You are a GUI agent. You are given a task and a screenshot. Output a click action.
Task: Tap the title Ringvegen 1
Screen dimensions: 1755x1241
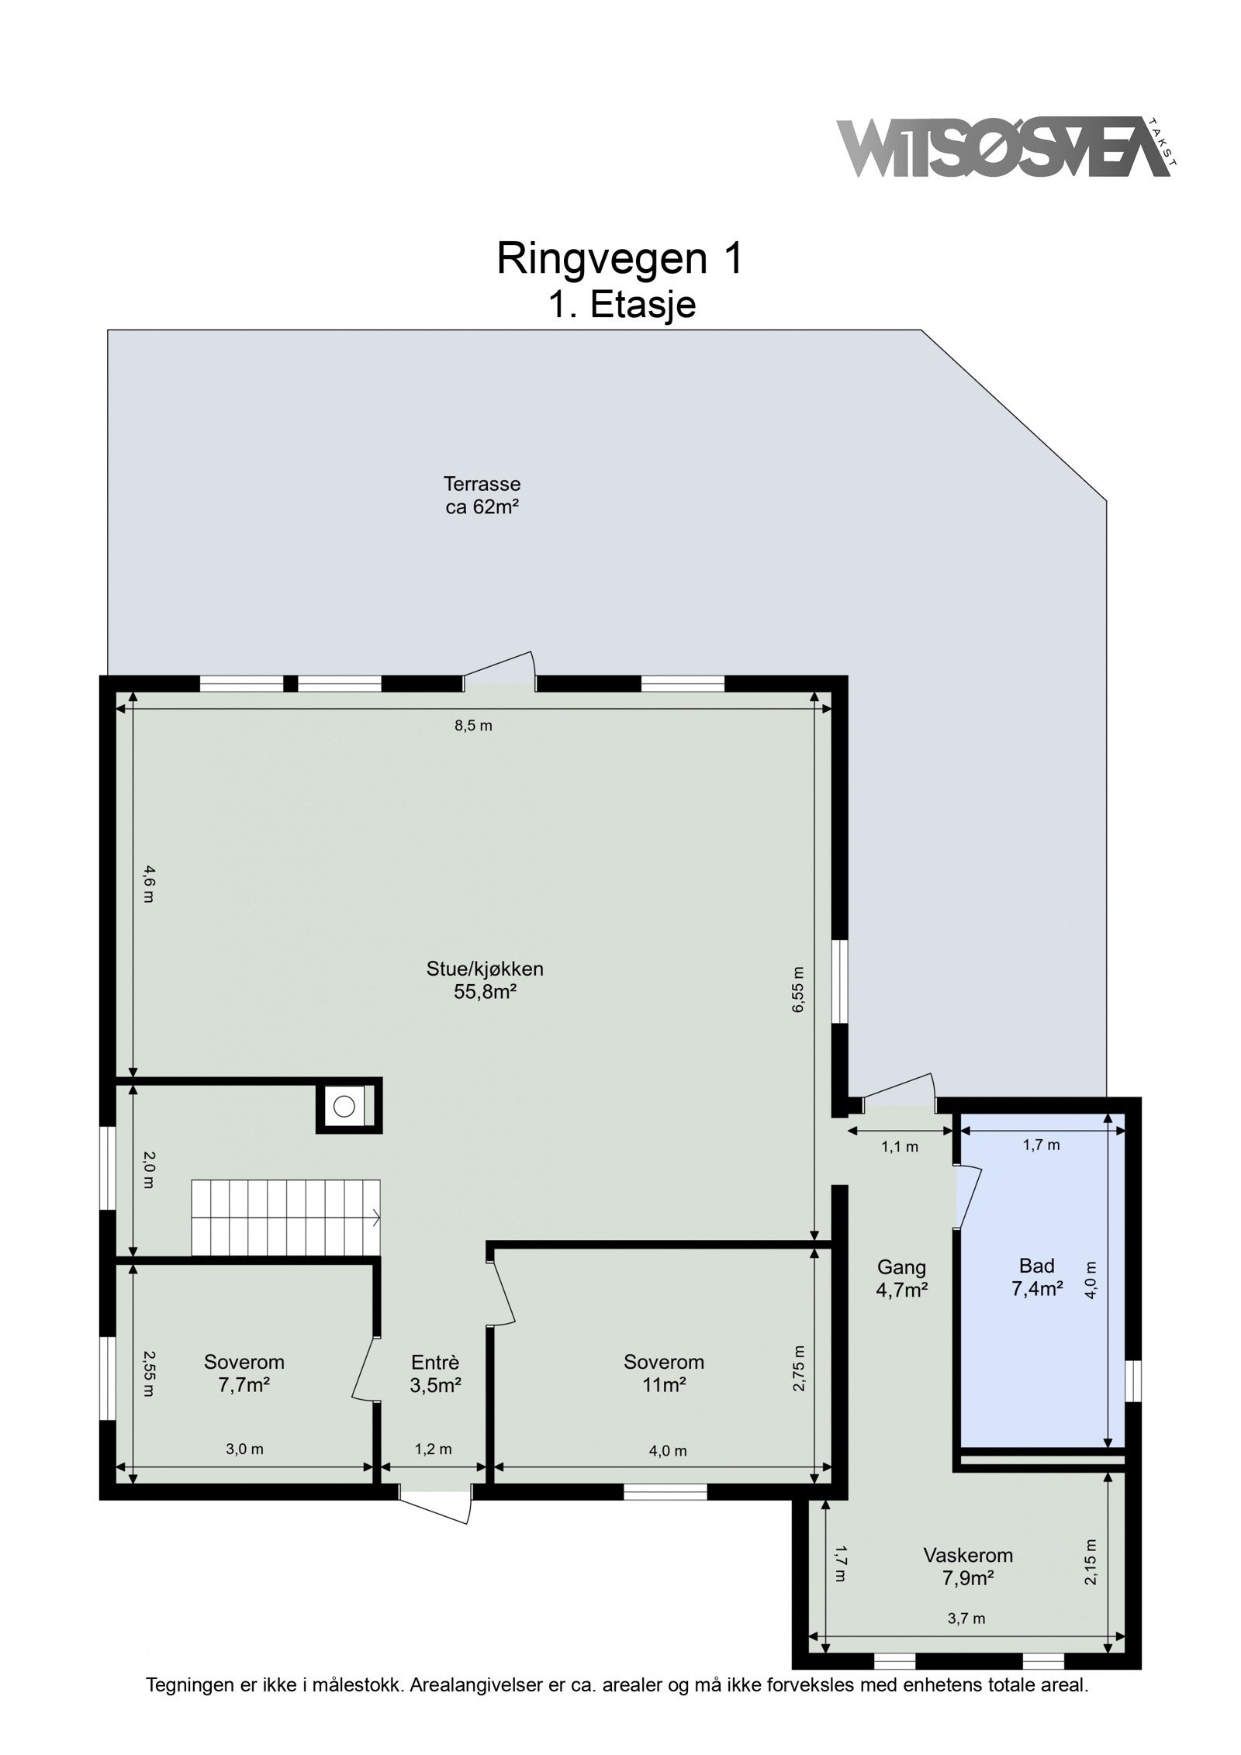[619, 258]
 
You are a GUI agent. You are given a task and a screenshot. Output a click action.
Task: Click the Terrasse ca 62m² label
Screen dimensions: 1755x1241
[481, 496]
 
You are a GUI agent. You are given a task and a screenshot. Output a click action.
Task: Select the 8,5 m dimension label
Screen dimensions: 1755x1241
[473, 726]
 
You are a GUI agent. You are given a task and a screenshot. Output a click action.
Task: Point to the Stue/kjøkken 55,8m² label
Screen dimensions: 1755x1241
[485, 979]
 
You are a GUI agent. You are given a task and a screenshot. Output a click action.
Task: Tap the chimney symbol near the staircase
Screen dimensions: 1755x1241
[345, 1104]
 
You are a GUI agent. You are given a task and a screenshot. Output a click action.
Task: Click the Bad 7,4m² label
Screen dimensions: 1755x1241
[1036, 1277]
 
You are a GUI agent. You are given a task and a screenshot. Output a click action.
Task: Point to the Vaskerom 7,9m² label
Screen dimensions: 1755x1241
[967, 1567]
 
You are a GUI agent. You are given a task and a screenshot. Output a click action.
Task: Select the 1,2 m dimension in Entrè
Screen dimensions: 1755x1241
[433, 1449]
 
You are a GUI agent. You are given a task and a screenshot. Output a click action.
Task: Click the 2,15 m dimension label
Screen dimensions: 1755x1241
[1091, 1561]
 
